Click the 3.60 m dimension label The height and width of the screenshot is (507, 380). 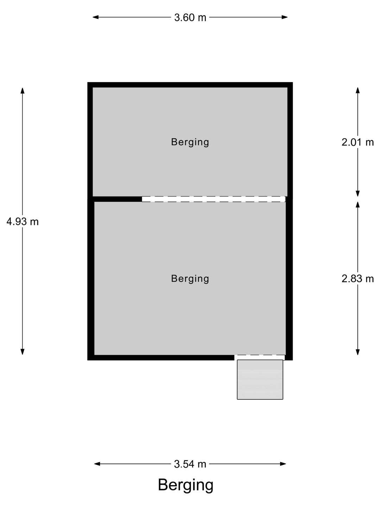[190, 17]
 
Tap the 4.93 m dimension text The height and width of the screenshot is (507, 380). [23, 222]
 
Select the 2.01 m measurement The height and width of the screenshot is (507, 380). [357, 142]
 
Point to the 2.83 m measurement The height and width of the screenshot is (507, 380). [357, 279]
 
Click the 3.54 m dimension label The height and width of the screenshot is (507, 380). [190, 464]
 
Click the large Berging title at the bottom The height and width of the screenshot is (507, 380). [185, 485]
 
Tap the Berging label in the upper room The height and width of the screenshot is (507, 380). [190, 142]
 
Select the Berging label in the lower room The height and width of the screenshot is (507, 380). [190, 279]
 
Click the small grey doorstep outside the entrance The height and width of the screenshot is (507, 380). [260, 380]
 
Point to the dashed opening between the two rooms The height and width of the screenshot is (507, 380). [214, 199]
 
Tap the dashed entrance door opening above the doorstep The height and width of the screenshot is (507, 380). [260, 357]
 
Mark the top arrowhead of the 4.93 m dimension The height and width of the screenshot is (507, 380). [23, 90]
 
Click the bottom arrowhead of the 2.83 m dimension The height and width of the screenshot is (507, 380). [357, 352]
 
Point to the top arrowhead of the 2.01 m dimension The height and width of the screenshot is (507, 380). [357, 90]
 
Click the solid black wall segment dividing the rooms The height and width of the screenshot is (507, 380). [118, 199]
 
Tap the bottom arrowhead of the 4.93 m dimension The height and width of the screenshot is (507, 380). [23, 352]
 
